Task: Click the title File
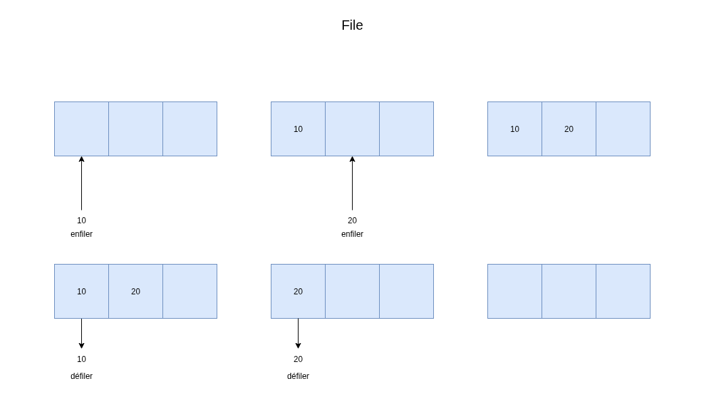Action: pos(352,25)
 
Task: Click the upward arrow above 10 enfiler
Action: pos(81,183)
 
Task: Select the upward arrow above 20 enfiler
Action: pos(352,183)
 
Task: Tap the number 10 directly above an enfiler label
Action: pos(81,221)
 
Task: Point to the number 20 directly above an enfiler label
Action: pos(352,221)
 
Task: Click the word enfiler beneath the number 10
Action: pos(81,233)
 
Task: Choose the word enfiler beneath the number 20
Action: pos(352,233)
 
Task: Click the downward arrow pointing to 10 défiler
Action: pos(81,334)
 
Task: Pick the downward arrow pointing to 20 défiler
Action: pos(298,334)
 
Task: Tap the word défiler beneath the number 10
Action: pos(81,376)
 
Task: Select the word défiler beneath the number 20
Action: pos(298,376)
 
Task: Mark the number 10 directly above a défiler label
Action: pos(81,359)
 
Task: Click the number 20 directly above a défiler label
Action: pos(298,359)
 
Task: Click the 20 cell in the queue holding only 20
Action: pos(298,291)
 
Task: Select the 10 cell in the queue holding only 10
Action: pos(298,129)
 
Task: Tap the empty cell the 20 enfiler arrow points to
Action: pos(352,129)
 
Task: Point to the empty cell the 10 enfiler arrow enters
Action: pos(81,129)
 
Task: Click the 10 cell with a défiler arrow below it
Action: pos(81,291)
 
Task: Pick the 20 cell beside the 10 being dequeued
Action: pos(135,291)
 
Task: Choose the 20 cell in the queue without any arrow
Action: pos(569,129)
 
